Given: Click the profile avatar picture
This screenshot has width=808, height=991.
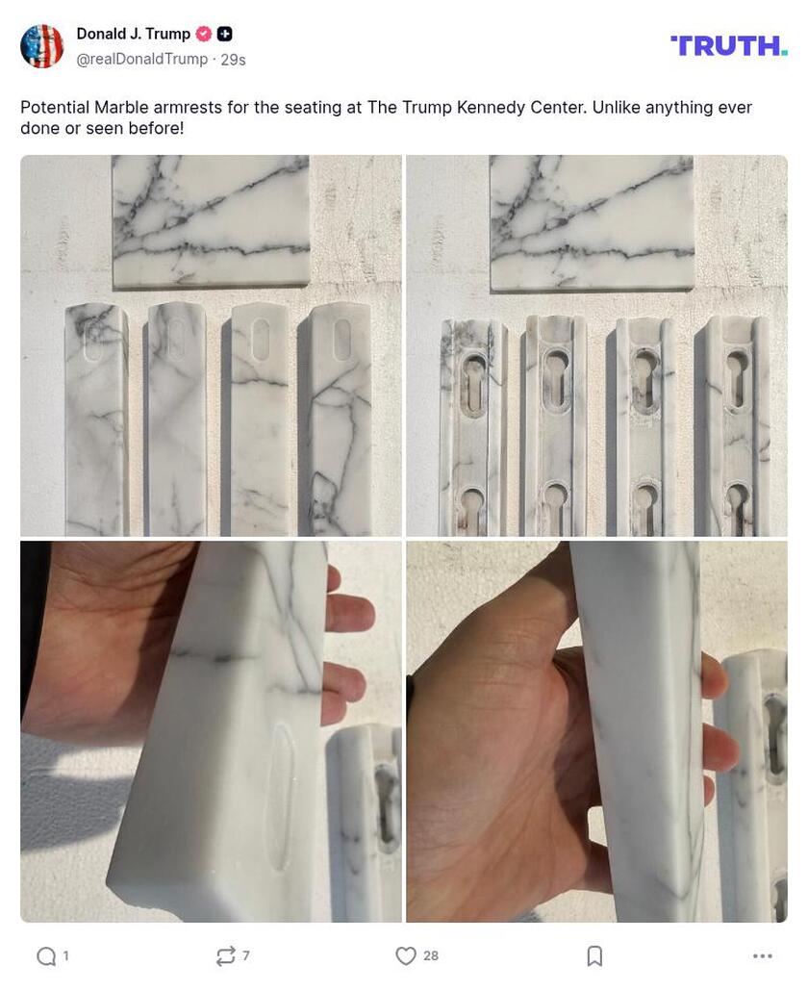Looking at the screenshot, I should coord(41,46).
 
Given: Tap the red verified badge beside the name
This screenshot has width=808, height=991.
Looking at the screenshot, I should coord(203,34).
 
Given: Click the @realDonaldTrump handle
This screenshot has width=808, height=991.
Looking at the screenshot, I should coord(141,60).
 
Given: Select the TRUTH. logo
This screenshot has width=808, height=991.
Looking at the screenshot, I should coord(728,45).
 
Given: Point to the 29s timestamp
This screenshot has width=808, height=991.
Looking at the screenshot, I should coord(233,60).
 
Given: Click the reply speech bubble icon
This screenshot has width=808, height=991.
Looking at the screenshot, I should coord(45,955).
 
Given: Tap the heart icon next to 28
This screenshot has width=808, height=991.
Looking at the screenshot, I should coord(406,955).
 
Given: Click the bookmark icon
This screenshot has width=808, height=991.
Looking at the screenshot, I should coord(594,955).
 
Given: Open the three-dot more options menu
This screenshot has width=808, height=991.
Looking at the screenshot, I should coord(762,955).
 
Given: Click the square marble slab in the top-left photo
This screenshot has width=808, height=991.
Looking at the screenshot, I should coord(211,221).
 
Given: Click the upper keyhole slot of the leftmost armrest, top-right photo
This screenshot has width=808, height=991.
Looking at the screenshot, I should coord(472,380).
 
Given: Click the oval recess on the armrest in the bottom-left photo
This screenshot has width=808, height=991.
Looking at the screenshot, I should coord(280,794).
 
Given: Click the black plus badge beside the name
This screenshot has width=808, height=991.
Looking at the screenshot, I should coord(224,34).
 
